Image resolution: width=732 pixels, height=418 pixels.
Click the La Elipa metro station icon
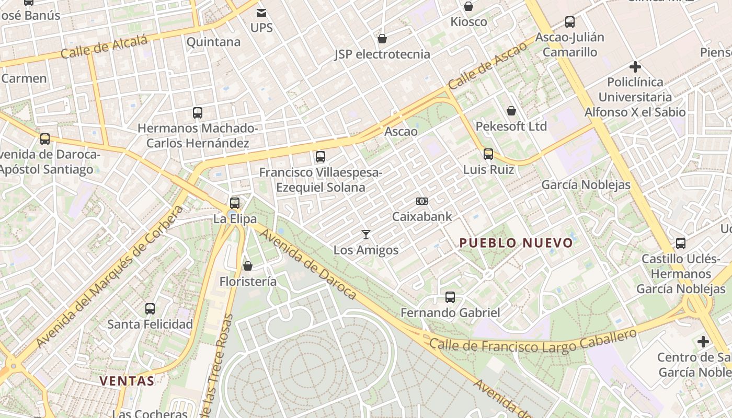(x=235, y=203)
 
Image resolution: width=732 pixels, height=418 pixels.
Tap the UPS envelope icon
(x=261, y=13)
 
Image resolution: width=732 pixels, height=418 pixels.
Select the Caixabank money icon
(x=422, y=201)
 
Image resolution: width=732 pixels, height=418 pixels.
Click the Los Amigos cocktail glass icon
(x=366, y=235)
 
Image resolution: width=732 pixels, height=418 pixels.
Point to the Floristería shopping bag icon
(x=248, y=266)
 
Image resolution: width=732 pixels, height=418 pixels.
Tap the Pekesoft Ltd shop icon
(x=511, y=111)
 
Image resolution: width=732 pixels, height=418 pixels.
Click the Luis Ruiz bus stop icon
(x=488, y=154)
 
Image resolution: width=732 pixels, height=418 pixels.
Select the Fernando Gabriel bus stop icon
(x=450, y=297)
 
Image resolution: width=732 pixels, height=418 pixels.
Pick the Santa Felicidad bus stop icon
(x=150, y=309)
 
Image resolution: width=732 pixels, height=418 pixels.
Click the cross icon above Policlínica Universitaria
(x=635, y=67)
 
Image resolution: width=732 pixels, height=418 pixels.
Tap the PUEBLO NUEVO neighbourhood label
(x=516, y=243)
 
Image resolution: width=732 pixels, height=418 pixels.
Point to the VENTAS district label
(x=127, y=381)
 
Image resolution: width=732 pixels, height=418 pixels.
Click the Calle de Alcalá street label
(x=104, y=48)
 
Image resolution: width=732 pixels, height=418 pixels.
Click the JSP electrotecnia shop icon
(x=382, y=39)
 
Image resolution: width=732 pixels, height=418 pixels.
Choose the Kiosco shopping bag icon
(x=468, y=6)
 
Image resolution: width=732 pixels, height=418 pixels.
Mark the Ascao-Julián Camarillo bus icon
(x=569, y=22)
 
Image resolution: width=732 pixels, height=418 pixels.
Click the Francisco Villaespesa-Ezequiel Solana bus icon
(x=321, y=156)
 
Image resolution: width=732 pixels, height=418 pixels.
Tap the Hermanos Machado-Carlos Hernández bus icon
(x=198, y=112)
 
